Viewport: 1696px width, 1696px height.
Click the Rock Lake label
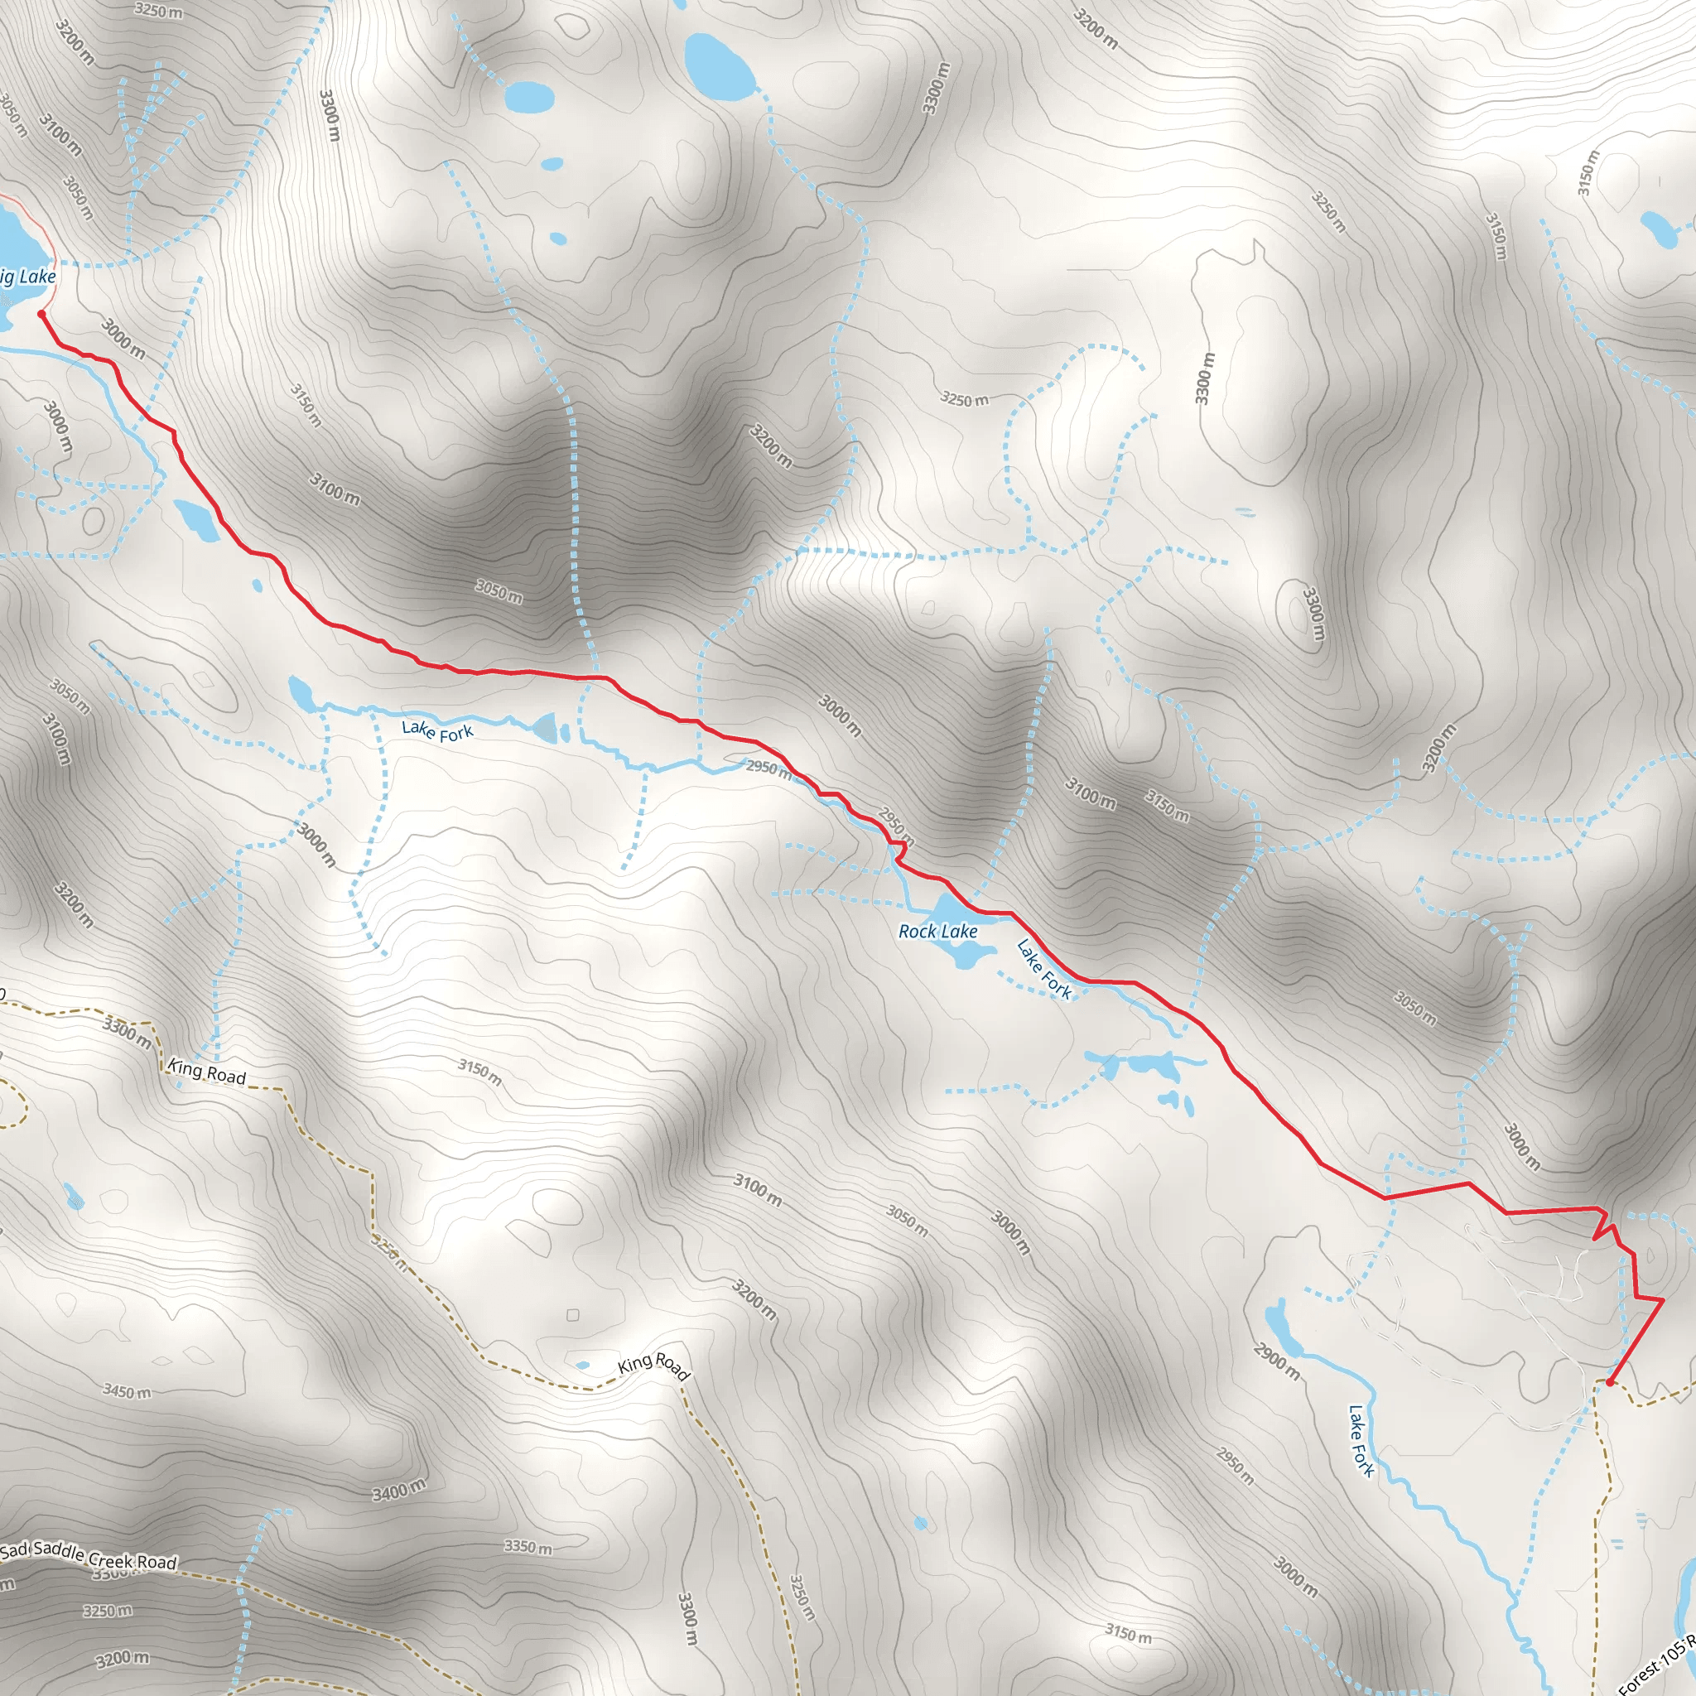pyautogui.click(x=937, y=932)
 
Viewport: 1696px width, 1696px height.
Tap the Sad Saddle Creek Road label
pyautogui.click(x=88, y=1556)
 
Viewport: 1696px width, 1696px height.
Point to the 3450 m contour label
pyautogui.click(x=127, y=1391)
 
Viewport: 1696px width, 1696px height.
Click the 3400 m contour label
pyautogui.click(x=398, y=1490)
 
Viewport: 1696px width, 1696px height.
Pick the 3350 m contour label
pyautogui.click(x=528, y=1547)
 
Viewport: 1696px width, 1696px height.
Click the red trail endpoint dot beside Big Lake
pyautogui.click(x=41, y=313)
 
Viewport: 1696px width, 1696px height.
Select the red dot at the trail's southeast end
pyautogui.click(x=1609, y=1383)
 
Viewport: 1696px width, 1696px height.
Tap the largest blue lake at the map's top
pyautogui.click(x=718, y=65)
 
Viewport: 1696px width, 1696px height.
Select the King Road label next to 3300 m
pyautogui.click(x=207, y=1072)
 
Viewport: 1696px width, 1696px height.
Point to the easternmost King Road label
pyautogui.click(x=654, y=1366)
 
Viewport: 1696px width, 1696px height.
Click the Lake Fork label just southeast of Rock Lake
pyautogui.click(x=1043, y=968)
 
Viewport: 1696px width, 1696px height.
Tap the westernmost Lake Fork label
pyautogui.click(x=437, y=730)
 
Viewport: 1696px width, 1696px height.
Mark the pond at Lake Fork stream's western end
pyautogui.click(x=299, y=692)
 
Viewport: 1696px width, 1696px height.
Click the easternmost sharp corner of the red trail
pyautogui.click(x=1663, y=1300)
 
